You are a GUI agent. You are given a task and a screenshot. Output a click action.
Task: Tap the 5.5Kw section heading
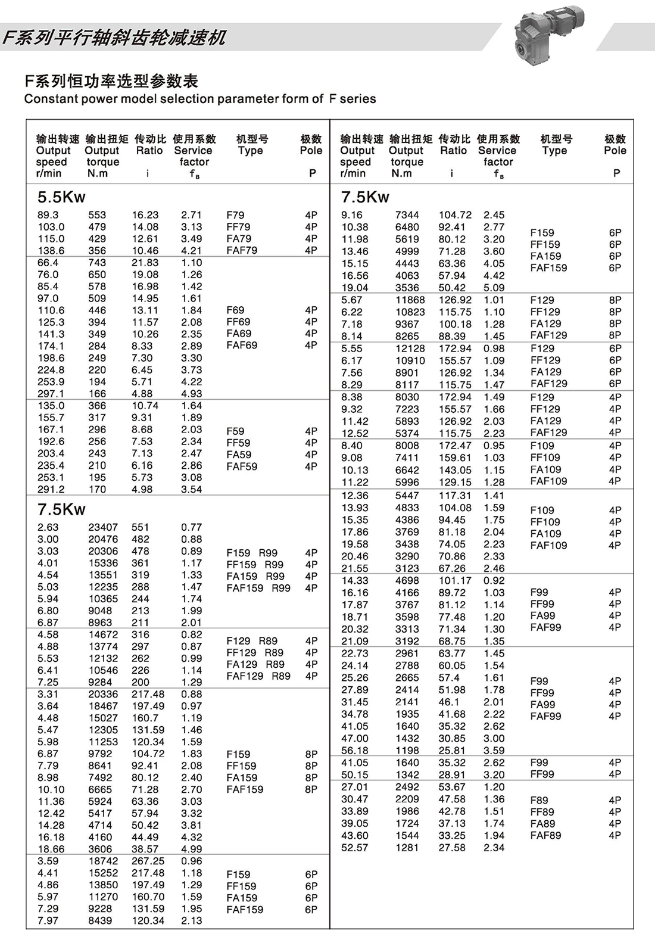(61, 197)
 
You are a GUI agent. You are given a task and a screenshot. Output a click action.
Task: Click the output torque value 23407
(103, 527)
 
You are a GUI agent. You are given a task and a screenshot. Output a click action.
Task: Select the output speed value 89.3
(48, 215)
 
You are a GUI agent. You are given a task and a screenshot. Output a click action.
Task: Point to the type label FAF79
(242, 251)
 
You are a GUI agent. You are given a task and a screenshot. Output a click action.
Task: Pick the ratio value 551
(141, 527)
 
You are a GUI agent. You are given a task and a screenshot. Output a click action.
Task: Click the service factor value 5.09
(494, 288)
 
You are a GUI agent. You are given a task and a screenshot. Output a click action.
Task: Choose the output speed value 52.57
(354, 848)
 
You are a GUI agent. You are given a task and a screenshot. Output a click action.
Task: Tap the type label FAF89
(545, 836)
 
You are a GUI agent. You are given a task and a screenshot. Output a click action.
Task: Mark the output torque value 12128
(410, 348)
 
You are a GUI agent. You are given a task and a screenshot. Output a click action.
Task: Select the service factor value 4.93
(191, 394)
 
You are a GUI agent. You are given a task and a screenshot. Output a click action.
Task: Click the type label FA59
(239, 455)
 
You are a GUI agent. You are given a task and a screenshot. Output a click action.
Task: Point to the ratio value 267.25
(148, 861)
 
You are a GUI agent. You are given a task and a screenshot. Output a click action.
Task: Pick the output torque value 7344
(407, 215)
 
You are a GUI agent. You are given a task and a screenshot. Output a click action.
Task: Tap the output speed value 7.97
(48, 920)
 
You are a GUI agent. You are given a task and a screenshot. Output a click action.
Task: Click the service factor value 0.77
(191, 527)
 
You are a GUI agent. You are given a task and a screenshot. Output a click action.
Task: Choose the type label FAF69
(242, 346)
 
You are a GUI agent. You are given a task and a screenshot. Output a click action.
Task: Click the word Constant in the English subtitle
(48, 99)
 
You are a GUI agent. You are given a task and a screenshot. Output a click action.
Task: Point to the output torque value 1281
(407, 848)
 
